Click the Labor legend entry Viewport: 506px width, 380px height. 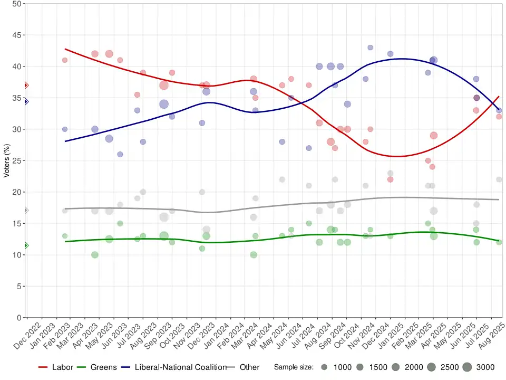(x=62, y=367)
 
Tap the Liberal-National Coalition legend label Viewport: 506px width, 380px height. (x=180, y=367)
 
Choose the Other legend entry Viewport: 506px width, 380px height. (x=249, y=367)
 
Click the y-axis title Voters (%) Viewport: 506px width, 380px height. (x=6, y=160)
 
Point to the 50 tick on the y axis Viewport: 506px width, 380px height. (x=17, y=4)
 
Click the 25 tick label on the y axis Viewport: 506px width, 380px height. (x=17, y=160)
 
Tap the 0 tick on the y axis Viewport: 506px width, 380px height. (x=19, y=318)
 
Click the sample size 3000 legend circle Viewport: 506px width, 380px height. (x=466, y=367)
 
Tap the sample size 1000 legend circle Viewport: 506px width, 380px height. (x=324, y=367)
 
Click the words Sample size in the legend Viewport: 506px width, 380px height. (x=294, y=367)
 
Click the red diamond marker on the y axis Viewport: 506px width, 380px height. (x=25, y=85)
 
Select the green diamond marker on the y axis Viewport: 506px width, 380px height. (x=25, y=245)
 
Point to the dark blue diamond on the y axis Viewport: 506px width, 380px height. (x=25, y=101)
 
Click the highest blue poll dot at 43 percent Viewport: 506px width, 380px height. (x=370, y=47)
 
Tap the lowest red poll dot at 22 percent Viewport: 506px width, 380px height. (x=390, y=179)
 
